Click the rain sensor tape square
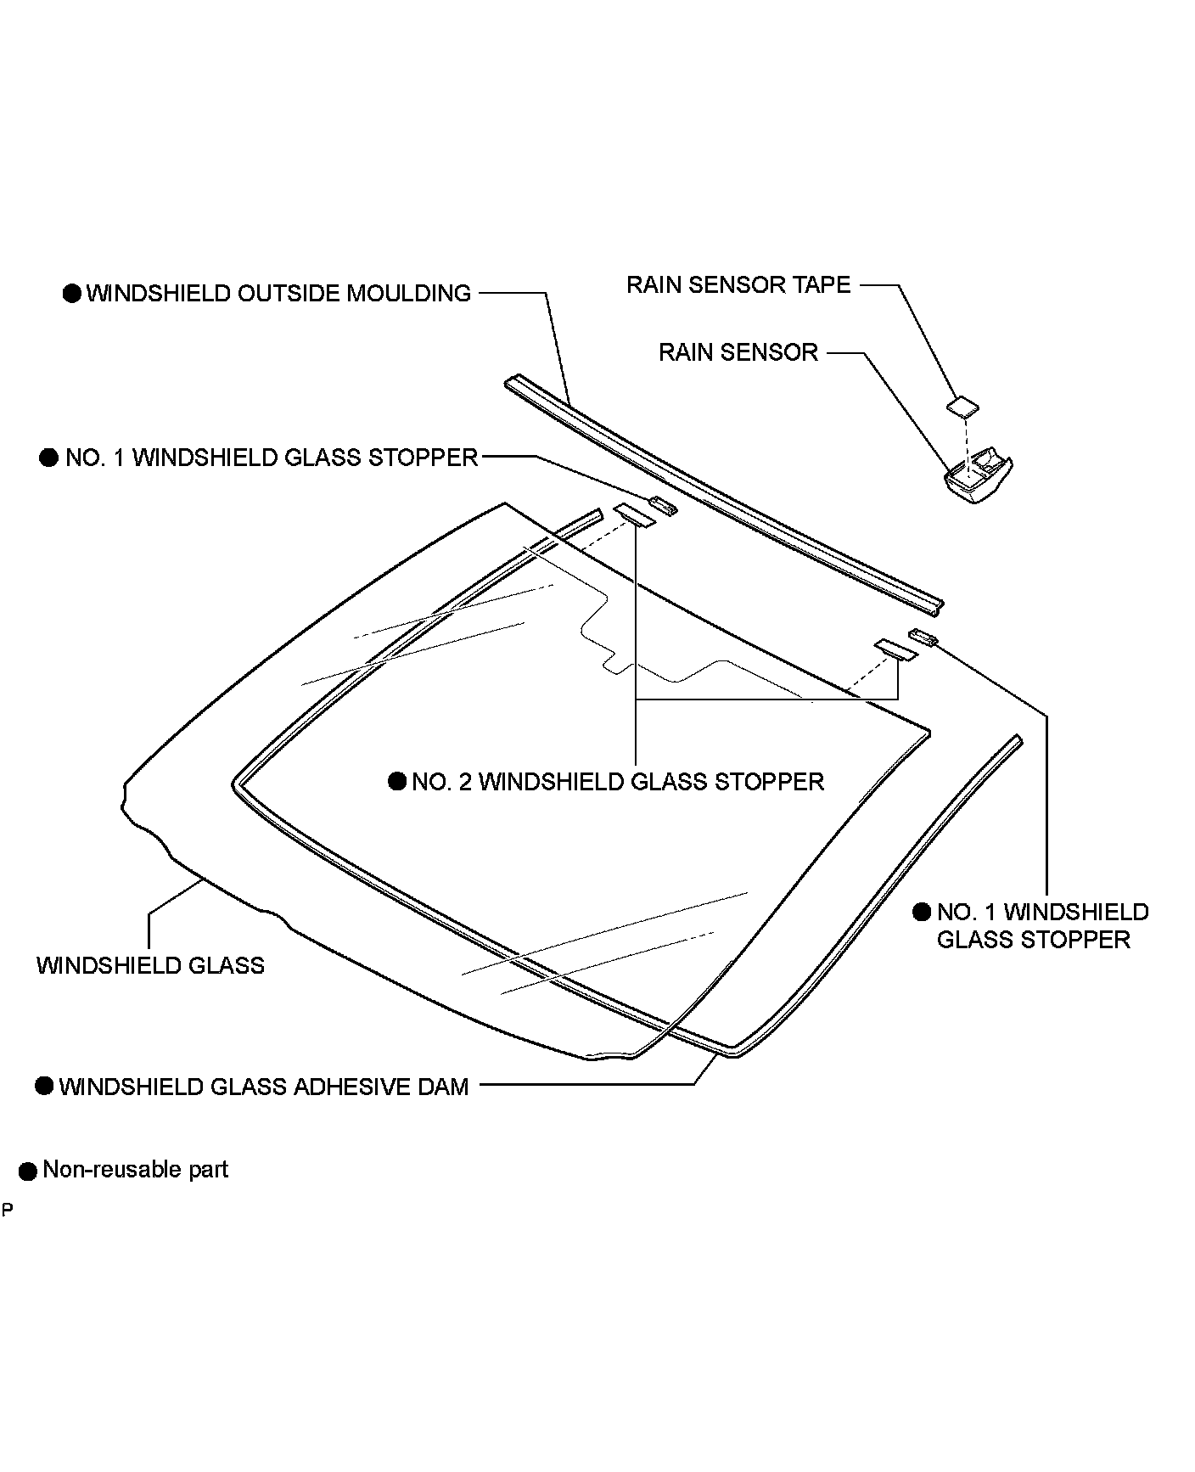(962, 407)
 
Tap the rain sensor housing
(979, 478)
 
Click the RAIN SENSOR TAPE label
(738, 284)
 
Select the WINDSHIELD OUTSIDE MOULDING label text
(278, 294)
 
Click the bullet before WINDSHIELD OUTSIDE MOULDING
(72, 294)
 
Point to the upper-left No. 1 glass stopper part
(664, 506)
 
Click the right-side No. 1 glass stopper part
(923, 638)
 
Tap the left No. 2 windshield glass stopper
(635, 514)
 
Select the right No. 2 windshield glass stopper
(897, 649)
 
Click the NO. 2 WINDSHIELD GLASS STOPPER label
(618, 782)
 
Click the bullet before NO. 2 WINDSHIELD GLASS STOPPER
(397, 781)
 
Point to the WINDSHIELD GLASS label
(150, 966)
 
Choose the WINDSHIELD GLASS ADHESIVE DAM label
(264, 1087)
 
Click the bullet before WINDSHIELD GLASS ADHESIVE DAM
(44, 1087)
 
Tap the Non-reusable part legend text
(136, 1170)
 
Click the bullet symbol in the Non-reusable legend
(28, 1171)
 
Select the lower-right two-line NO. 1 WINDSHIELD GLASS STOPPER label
(1042, 926)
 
